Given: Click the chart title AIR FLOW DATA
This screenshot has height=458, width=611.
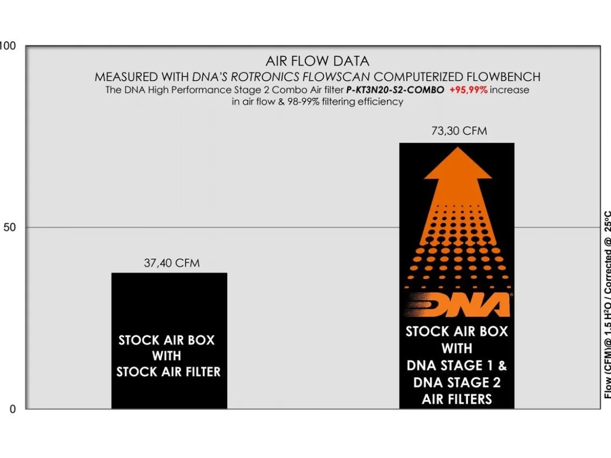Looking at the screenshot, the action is point(317,61).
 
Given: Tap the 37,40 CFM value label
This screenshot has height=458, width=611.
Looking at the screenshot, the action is point(172,263).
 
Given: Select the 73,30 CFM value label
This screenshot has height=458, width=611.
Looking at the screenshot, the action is point(459,131).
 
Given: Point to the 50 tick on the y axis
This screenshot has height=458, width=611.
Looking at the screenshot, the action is point(10,227).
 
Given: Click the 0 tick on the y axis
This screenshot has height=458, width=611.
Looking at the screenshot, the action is point(13,409).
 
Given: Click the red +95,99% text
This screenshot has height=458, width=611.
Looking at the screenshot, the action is point(468,90).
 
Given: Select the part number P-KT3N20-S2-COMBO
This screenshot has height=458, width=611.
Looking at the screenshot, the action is point(395,90).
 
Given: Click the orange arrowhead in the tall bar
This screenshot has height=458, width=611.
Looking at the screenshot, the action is point(458,163).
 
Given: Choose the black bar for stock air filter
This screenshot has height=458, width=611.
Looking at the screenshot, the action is point(169,341).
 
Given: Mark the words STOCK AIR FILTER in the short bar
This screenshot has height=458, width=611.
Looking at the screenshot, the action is point(168,372).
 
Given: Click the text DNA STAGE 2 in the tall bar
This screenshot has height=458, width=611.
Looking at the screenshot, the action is point(457,382).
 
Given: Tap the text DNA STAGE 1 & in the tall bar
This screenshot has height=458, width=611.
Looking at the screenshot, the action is point(457,365).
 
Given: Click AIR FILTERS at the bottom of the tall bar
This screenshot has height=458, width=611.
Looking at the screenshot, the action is point(457,399).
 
